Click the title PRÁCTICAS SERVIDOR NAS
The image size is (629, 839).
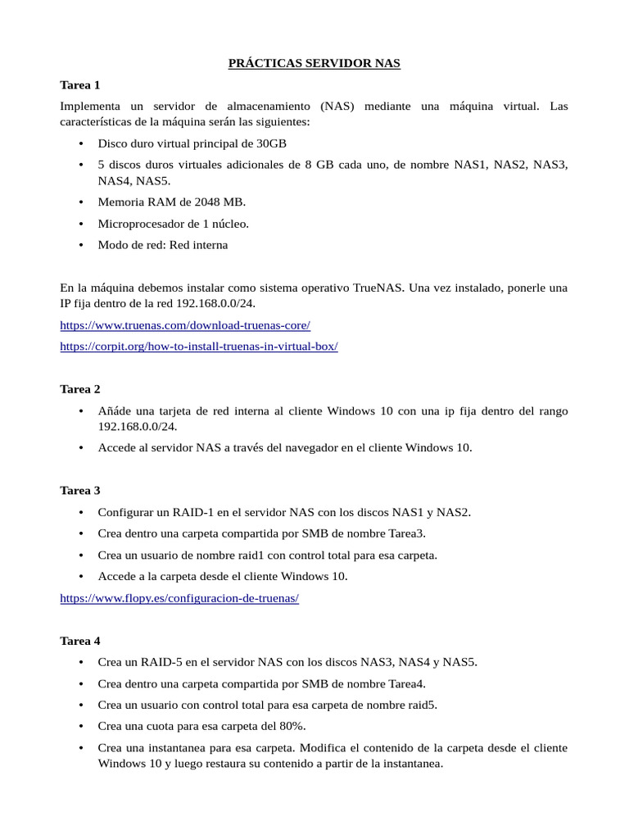(314, 64)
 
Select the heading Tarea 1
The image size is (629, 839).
(80, 84)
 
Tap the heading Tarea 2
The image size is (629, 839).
(80, 388)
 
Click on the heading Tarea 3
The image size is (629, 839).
(80, 490)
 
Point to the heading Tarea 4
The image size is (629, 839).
(80, 640)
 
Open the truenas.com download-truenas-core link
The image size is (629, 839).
(185, 325)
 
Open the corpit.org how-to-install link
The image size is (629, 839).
(199, 346)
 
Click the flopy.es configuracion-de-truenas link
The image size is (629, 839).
(179, 598)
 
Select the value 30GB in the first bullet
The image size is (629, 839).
(272, 143)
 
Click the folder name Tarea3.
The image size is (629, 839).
(407, 533)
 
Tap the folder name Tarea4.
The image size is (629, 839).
(407, 683)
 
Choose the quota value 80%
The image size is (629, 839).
(291, 726)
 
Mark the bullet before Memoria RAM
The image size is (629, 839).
(81, 202)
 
